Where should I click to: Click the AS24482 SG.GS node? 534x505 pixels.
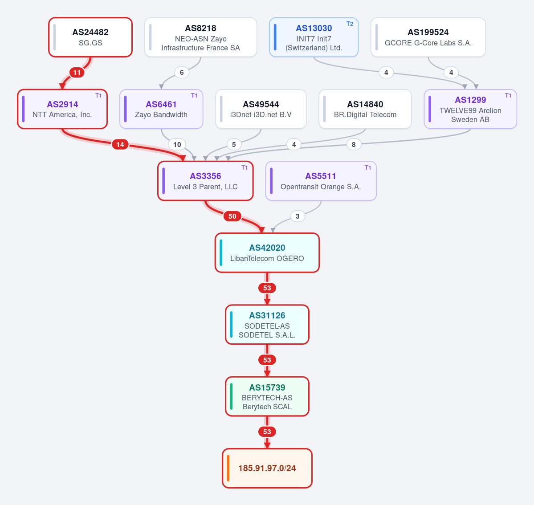(90, 37)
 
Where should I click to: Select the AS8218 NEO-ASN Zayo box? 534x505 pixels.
(200, 37)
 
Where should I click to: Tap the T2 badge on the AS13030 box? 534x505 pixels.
(350, 24)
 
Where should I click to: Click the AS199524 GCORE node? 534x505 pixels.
(428, 37)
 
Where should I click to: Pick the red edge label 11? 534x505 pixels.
(77, 73)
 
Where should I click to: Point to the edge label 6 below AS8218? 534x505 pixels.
(182, 73)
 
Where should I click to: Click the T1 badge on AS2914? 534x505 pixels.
(98, 96)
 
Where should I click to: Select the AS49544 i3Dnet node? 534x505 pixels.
(261, 109)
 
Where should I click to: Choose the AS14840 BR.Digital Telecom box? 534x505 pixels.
(365, 109)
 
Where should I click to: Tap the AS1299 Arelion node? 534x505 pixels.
(470, 109)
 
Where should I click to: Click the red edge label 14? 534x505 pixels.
(120, 145)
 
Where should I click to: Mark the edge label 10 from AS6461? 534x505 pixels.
(177, 145)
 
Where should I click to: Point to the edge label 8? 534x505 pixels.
(354, 145)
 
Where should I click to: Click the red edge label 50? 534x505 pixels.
(232, 216)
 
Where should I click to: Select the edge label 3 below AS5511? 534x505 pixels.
(298, 216)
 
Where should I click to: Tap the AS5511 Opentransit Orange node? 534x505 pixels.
(321, 181)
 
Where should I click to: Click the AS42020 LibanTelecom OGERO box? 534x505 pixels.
(267, 252)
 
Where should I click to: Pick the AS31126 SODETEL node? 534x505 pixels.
(267, 325)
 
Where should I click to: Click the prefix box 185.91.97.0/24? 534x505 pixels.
(267, 468)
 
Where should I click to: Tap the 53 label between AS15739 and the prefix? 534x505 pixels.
(267, 432)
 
